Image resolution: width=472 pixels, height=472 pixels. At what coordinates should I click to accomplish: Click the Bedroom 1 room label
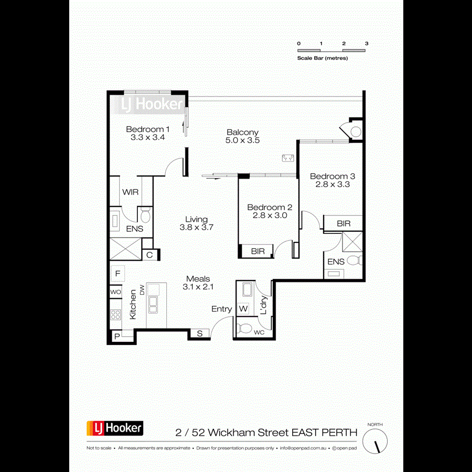click(147, 129)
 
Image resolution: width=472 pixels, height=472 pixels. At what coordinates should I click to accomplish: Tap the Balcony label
click(242, 132)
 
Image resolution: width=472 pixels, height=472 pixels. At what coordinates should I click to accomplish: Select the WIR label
click(130, 192)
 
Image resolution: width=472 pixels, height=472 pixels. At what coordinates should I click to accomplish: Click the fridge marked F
click(118, 273)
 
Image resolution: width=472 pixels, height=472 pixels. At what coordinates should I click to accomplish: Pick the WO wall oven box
click(115, 292)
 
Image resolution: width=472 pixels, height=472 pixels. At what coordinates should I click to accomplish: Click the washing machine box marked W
click(243, 309)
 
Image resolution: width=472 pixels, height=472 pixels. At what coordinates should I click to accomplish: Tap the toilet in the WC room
click(244, 329)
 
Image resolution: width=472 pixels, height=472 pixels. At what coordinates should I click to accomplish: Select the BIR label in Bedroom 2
click(258, 251)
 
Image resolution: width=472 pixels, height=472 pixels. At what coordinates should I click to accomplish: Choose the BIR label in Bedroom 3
click(344, 223)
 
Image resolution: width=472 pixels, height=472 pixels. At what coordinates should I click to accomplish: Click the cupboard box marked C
click(149, 255)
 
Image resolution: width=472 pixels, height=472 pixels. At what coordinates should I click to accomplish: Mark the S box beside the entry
click(200, 333)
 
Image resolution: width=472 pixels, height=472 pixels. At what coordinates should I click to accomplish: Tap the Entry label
click(221, 309)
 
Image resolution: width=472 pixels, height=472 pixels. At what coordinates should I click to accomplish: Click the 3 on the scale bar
click(367, 44)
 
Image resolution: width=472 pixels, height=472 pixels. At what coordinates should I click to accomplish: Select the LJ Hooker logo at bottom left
click(115, 428)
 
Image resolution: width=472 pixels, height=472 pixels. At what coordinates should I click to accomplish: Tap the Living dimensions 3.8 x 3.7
click(196, 228)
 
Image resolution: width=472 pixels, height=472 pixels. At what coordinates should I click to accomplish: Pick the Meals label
click(198, 279)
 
